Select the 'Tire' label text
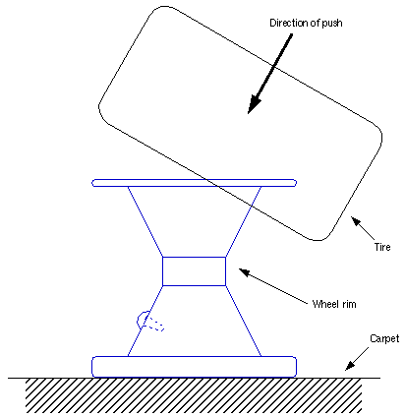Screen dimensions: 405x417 [x=382, y=247]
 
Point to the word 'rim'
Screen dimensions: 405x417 [x=349, y=304]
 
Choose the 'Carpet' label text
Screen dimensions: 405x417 [x=384, y=338]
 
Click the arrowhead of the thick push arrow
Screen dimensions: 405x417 [x=254, y=104]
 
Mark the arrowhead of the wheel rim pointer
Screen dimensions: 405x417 [x=245, y=271]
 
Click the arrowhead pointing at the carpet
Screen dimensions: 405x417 [x=350, y=366]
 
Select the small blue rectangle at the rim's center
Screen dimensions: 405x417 [x=194, y=271]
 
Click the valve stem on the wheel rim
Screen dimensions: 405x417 [x=148, y=322]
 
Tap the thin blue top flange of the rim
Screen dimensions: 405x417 [x=195, y=183]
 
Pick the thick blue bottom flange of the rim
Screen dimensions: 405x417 [x=195, y=367]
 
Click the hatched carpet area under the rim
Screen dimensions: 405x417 [x=194, y=395]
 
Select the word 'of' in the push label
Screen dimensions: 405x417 [x=312, y=23]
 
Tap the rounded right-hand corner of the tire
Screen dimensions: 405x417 [x=378, y=136]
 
